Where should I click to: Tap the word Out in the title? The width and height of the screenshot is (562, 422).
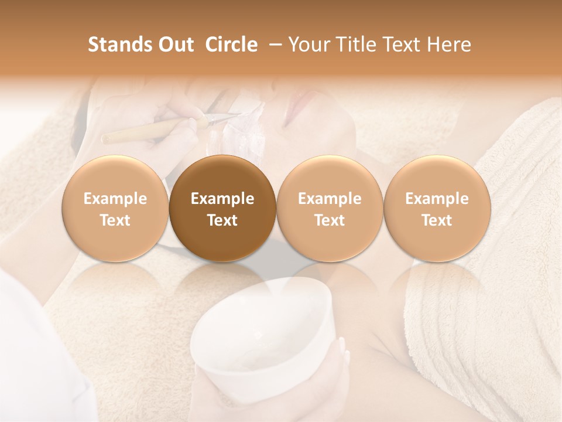174,45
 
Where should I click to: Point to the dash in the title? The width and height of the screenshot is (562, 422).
273,45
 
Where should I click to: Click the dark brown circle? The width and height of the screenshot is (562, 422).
222,209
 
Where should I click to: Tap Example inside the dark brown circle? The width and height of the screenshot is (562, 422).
222,199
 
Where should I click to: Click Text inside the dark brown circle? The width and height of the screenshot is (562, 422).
222,220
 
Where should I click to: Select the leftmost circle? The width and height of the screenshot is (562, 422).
115,209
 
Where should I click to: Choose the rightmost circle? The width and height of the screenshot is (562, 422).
437,209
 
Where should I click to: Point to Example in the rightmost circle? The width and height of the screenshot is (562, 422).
437,199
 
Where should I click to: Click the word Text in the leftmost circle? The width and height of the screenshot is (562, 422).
115,220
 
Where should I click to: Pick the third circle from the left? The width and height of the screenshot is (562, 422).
330,209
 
